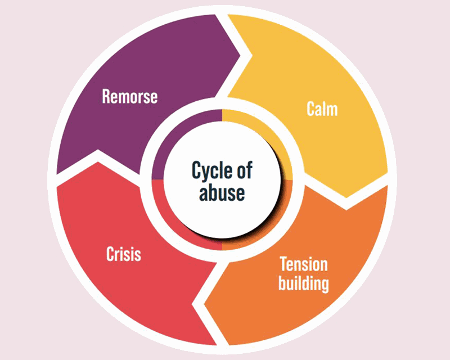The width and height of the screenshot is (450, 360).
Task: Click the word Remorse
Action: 129,96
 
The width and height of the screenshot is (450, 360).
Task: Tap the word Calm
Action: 322,108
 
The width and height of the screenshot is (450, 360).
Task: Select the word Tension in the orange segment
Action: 303,264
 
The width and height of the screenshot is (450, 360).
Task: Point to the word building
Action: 304,282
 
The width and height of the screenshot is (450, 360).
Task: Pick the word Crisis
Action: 124,254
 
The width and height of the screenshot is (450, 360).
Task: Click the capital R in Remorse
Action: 106,96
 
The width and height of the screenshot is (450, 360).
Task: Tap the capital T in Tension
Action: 283,264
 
